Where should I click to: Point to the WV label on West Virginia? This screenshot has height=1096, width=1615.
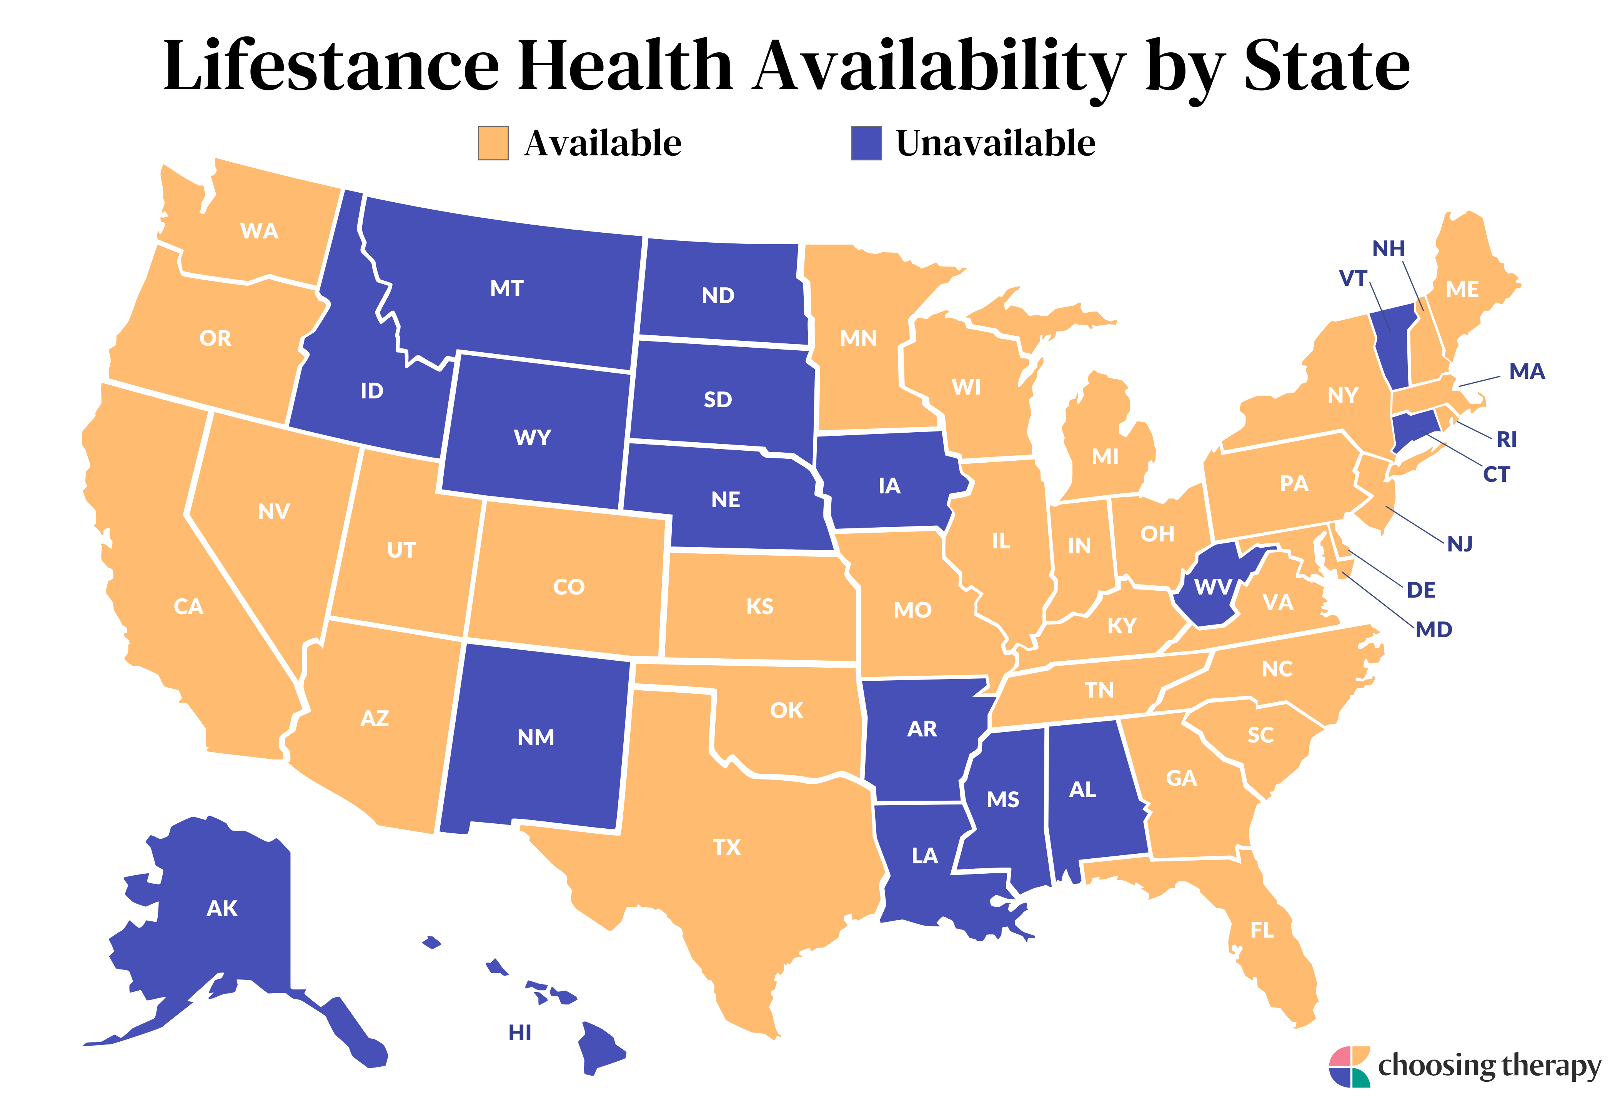(1213, 587)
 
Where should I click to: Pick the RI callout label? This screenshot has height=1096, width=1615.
(1507, 439)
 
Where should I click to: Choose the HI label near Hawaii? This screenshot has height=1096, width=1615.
(520, 1033)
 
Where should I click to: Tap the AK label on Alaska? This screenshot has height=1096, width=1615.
(222, 908)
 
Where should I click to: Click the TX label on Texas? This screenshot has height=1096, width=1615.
(727, 847)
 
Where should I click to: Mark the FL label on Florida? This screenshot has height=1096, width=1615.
(1262, 930)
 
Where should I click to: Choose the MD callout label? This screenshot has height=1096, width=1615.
(1434, 630)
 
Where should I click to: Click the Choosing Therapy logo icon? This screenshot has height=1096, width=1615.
(1349, 1066)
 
